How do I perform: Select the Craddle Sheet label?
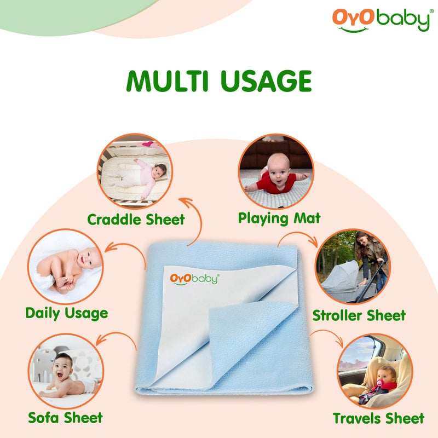(x=136, y=220)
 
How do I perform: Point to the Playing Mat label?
(x=279, y=218)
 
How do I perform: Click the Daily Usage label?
(x=66, y=313)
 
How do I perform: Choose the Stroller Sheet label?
(x=359, y=315)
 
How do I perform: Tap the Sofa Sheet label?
(x=65, y=418)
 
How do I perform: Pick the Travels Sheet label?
(x=378, y=418)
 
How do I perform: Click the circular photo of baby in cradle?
(x=135, y=171)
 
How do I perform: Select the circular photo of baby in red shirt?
(x=276, y=171)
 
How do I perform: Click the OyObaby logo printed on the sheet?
(x=194, y=278)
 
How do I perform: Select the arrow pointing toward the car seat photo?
(x=328, y=337)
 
